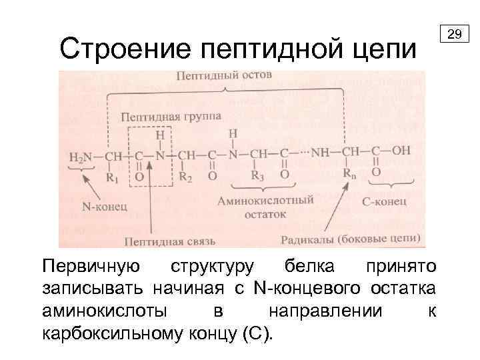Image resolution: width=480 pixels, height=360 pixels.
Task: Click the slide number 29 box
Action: (456, 33)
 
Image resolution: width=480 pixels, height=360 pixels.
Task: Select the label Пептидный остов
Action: (224, 77)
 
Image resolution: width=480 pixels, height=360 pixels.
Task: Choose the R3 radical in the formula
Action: (257, 176)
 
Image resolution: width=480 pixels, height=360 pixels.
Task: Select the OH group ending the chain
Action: (401, 150)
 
